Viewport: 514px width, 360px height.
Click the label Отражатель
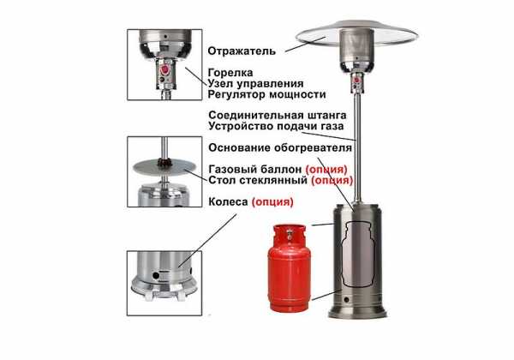[x=242, y=51]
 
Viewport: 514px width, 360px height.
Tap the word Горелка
[x=230, y=73]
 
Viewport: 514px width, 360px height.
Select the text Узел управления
[x=255, y=84]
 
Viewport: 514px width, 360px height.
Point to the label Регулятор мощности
[x=266, y=94]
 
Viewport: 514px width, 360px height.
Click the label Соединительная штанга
[x=278, y=115]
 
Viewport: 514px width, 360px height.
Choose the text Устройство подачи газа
[x=276, y=126]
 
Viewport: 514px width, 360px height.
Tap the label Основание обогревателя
[x=280, y=147]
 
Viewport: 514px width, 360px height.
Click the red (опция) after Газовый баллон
[x=326, y=169]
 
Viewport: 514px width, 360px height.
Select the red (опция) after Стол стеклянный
[x=332, y=180]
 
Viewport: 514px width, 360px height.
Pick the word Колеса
[x=228, y=201]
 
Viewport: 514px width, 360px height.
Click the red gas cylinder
[x=290, y=268]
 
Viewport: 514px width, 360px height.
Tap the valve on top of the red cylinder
[x=290, y=234]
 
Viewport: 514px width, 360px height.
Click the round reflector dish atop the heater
[x=356, y=33]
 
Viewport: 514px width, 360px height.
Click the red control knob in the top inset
[x=164, y=69]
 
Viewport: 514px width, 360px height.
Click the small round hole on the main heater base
[x=346, y=299]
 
